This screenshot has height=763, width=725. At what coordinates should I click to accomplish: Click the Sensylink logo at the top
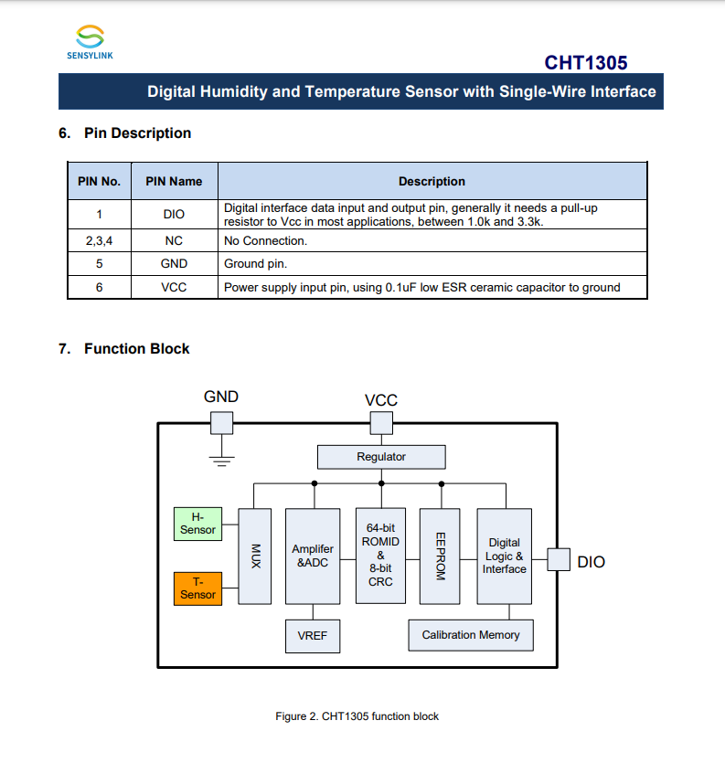pyautogui.click(x=90, y=41)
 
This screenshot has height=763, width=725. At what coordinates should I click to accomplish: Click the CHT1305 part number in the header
pyautogui.click(x=586, y=63)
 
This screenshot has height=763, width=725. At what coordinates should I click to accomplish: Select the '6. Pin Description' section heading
pyautogui.click(x=125, y=133)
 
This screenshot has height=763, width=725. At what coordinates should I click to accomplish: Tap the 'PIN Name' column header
pyautogui.click(x=174, y=182)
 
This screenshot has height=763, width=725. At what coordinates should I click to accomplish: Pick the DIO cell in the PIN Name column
pyautogui.click(x=174, y=215)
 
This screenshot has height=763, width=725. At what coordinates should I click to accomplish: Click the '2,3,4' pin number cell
pyautogui.click(x=99, y=241)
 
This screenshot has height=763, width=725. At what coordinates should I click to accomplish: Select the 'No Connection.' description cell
pyautogui.click(x=266, y=241)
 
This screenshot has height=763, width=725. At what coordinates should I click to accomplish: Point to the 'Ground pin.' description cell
pyautogui.click(x=256, y=264)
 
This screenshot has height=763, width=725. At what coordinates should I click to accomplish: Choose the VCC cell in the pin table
pyautogui.click(x=174, y=287)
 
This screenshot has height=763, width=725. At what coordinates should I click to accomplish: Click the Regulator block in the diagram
pyautogui.click(x=381, y=457)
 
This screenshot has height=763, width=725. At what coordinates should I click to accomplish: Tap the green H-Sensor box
pyautogui.click(x=197, y=524)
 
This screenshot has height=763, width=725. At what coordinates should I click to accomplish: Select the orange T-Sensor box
pyautogui.click(x=197, y=588)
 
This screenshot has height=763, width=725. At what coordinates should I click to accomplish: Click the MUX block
pyautogui.click(x=255, y=556)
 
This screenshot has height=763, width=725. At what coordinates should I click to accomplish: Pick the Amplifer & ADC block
pyautogui.click(x=313, y=556)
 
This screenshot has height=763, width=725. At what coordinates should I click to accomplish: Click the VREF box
pyautogui.click(x=313, y=635)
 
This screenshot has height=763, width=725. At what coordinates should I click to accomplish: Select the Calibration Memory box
pyautogui.click(x=470, y=635)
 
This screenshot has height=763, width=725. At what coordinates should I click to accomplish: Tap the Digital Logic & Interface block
pyautogui.click(x=504, y=556)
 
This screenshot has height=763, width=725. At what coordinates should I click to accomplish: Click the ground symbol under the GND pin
pyautogui.click(x=221, y=459)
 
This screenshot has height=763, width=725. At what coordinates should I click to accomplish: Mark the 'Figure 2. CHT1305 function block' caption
pyautogui.click(x=357, y=716)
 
